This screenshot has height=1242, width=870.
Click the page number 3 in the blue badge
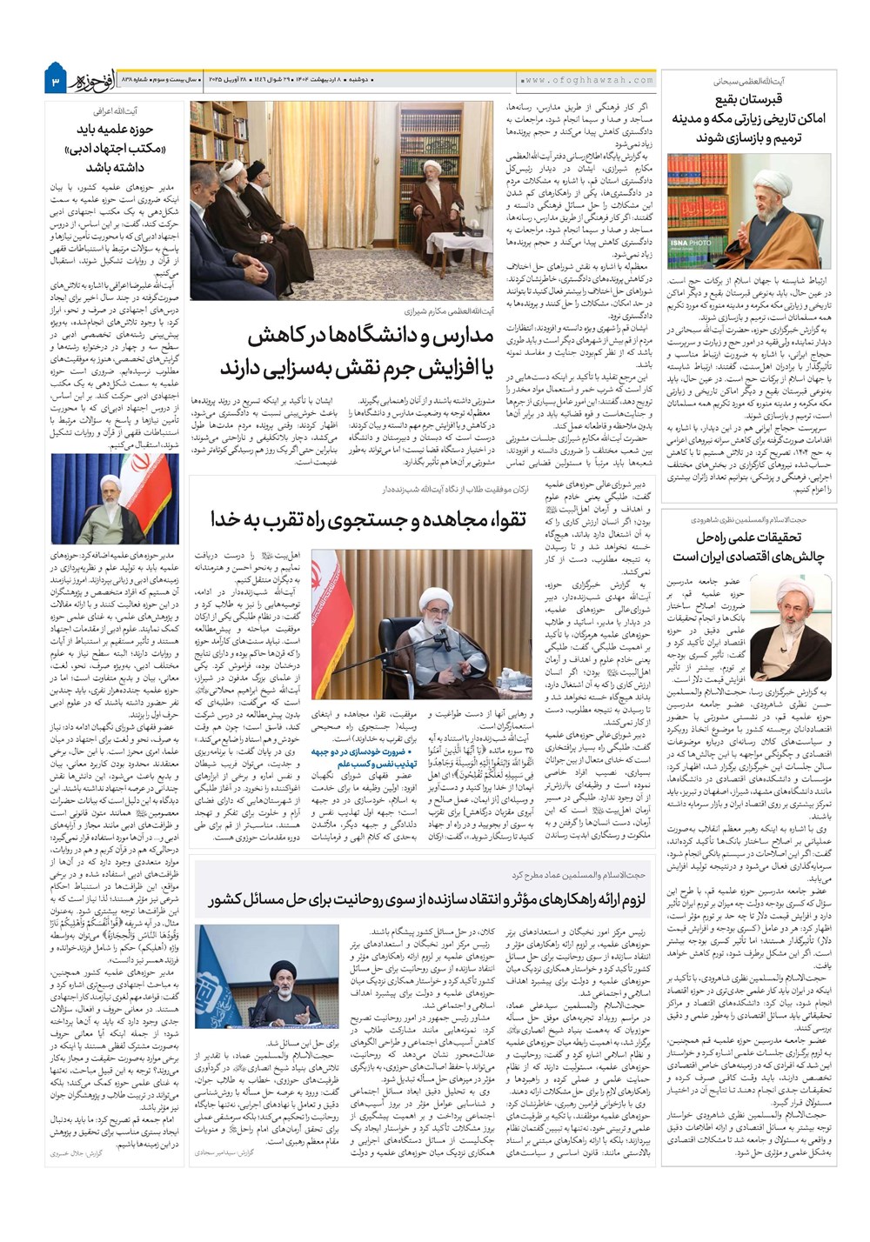[x=53, y=82]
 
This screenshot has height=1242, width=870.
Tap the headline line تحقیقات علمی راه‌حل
[x=748, y=537]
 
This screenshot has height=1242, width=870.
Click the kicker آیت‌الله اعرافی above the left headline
[x=115, y=111]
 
